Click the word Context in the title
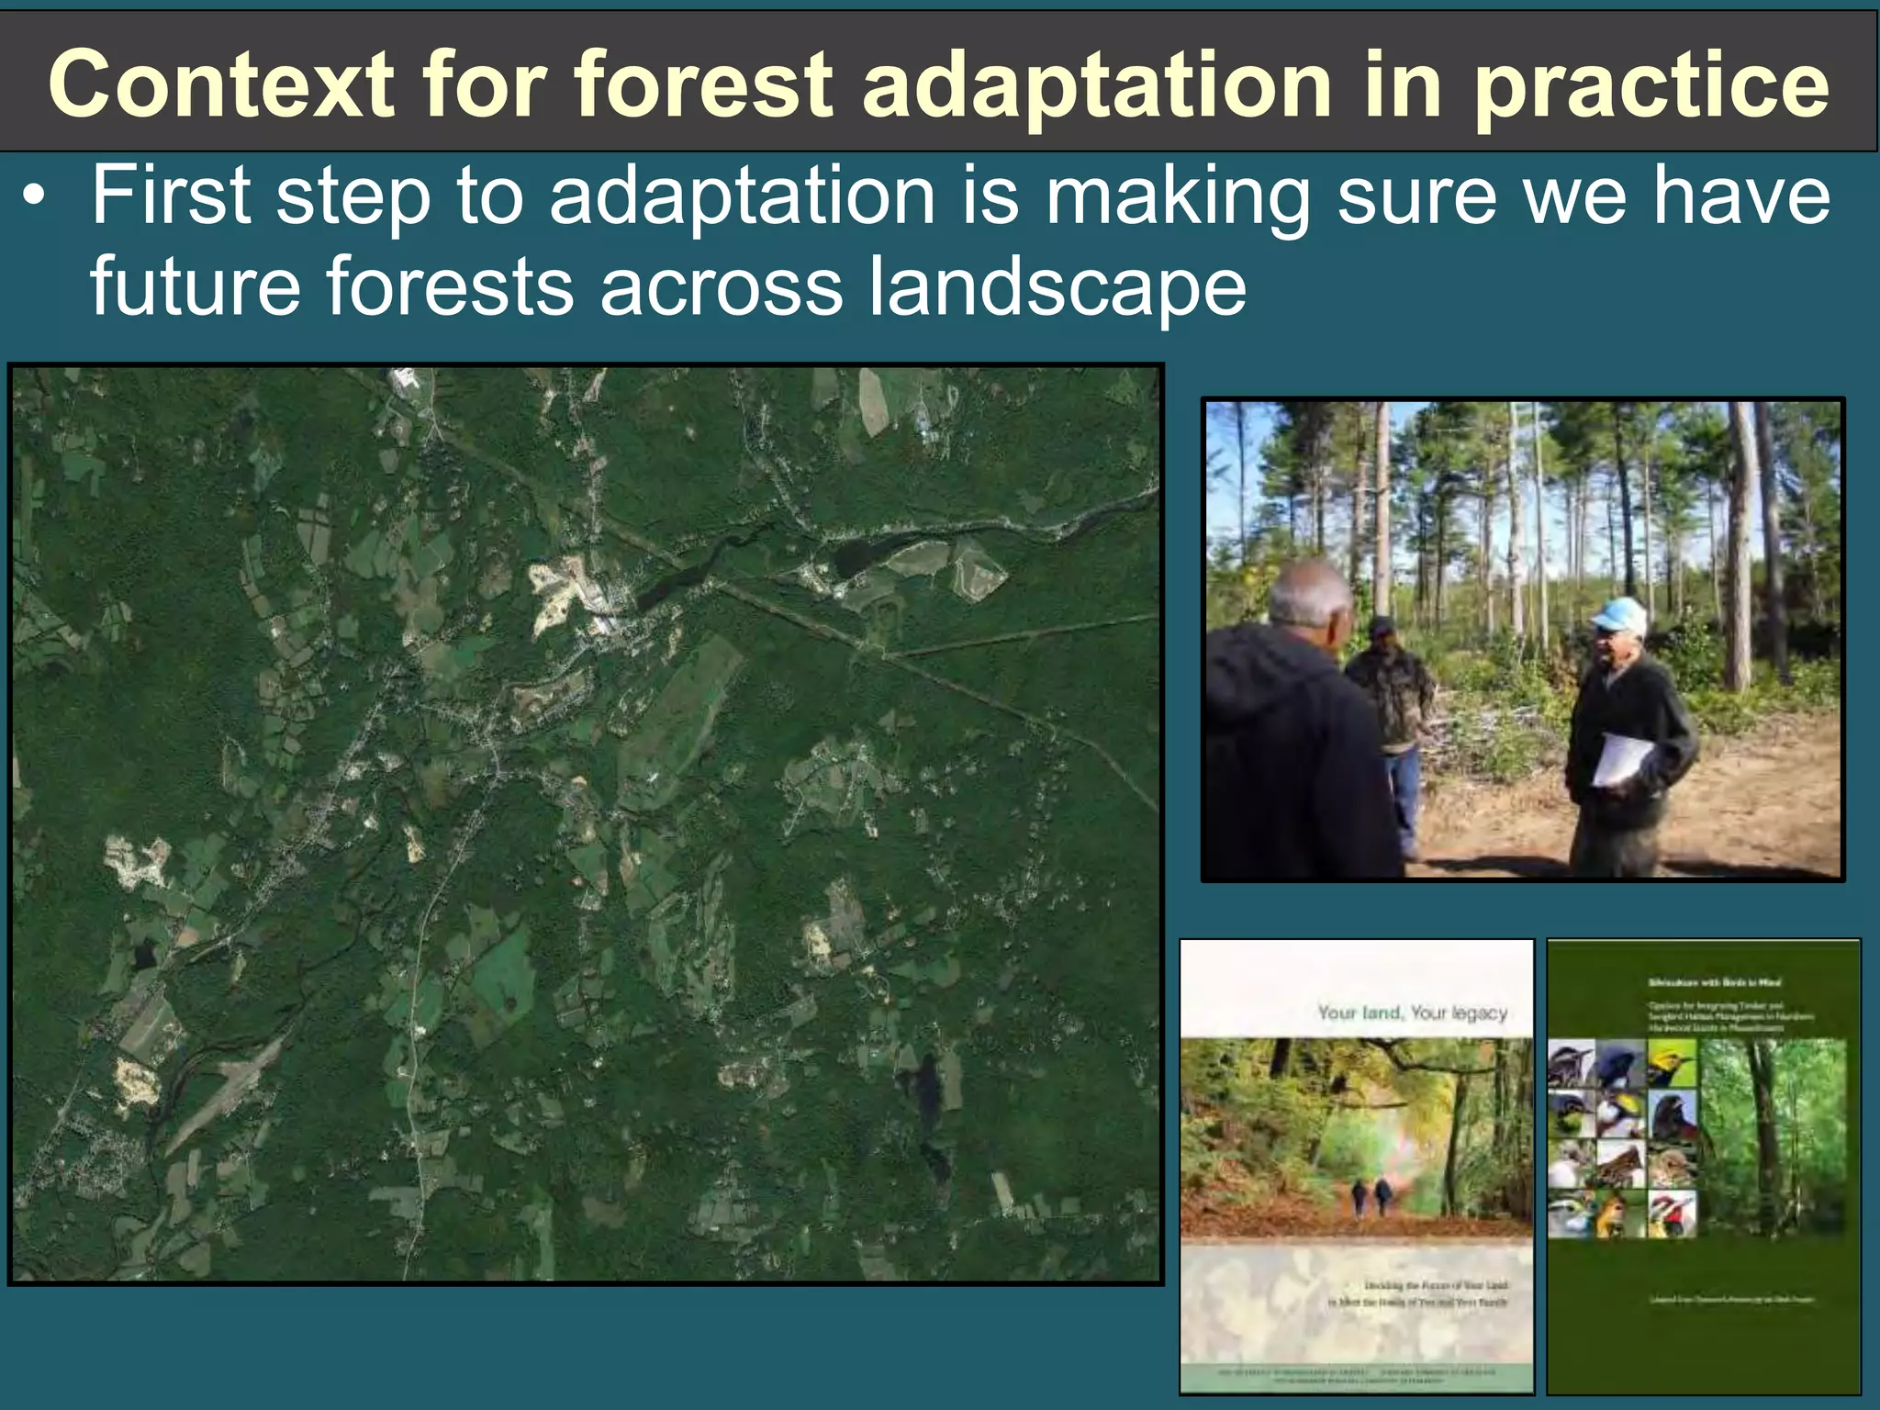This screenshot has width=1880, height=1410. (220, 84)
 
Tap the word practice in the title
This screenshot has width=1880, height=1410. (1651, 84)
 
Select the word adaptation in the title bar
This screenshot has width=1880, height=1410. (1096, 84)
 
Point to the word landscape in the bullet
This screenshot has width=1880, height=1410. (1056, 286)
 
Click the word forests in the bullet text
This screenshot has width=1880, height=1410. (450, 286)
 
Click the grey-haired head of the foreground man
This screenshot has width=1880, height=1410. (1311, 597)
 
